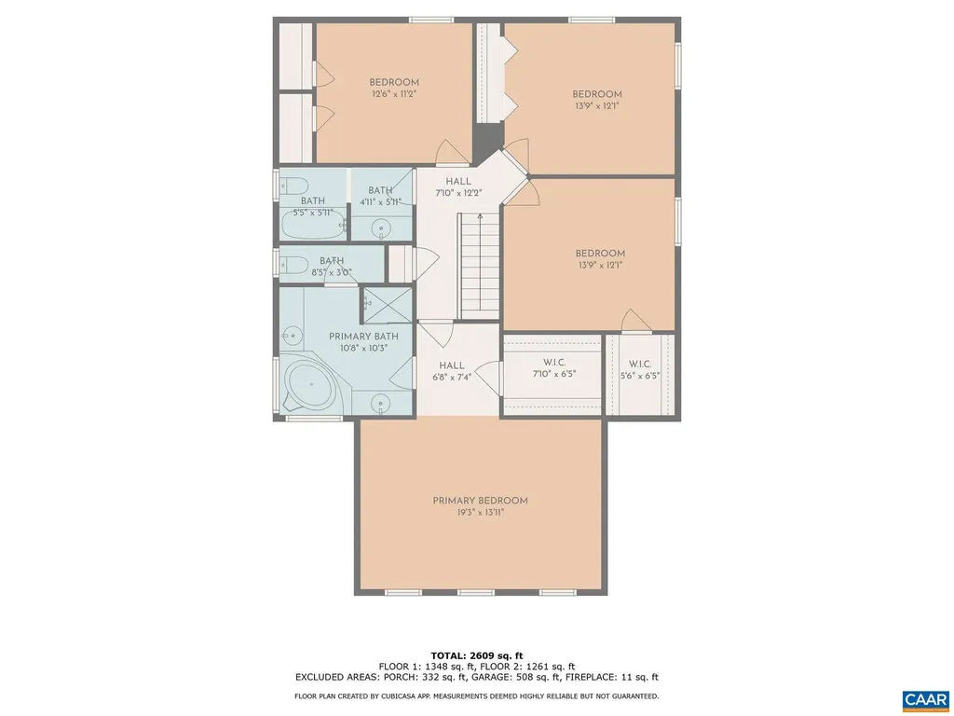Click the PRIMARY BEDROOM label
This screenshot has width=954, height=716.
click(x=480, y=501)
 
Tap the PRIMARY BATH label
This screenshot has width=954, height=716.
click(x=363, y=336)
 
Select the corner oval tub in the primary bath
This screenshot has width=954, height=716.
click(x=307, y=386)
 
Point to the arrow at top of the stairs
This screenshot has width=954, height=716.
click(x=480, y=218)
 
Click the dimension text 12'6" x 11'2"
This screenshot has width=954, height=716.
click(x=393, y=94)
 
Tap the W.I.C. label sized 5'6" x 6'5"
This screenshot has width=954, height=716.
click(x=639, y=364)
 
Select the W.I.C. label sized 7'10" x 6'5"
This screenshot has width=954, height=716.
click(x=554, y=362)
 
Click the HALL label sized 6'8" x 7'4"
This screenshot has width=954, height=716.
click(x=452, y=365)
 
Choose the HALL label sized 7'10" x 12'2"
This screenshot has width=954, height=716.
click(x=458, y=182)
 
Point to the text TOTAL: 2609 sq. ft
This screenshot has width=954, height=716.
click(x=476, y=654)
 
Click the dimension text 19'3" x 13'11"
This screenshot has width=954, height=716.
click(x=480, y=512)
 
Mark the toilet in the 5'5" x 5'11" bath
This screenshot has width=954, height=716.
click(x=292, y=184)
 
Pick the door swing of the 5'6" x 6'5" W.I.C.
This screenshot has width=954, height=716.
click(x=636, y=321)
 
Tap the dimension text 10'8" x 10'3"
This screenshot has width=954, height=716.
click(x=363, y=347)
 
